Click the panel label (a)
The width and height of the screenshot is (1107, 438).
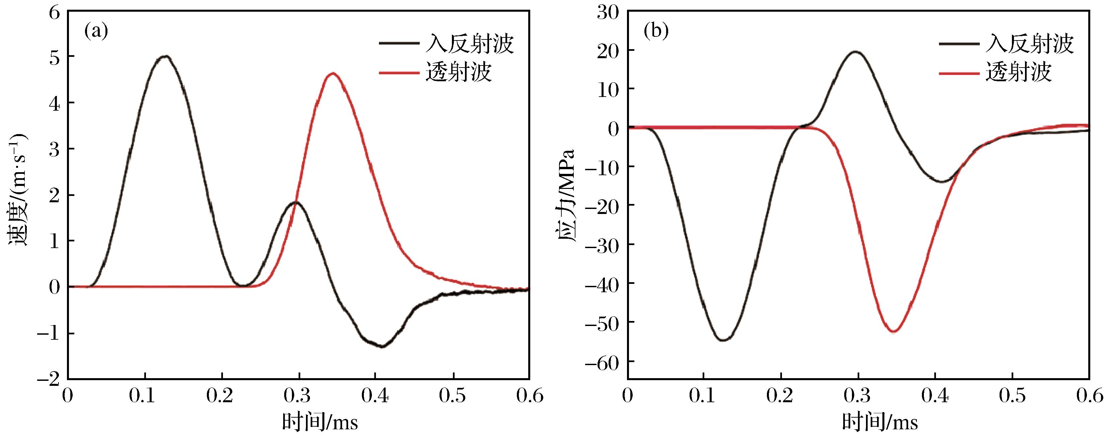tap(96, 31)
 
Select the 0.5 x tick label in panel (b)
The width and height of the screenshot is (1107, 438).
tap(1012, 396)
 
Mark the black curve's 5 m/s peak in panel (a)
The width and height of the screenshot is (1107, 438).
tap(165, 56)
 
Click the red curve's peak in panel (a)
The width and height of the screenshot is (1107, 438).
tap(333, 74)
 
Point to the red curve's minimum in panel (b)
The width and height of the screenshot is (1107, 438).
tap(893, 331)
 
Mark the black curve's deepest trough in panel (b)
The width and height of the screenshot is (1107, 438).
tap(724, 340)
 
